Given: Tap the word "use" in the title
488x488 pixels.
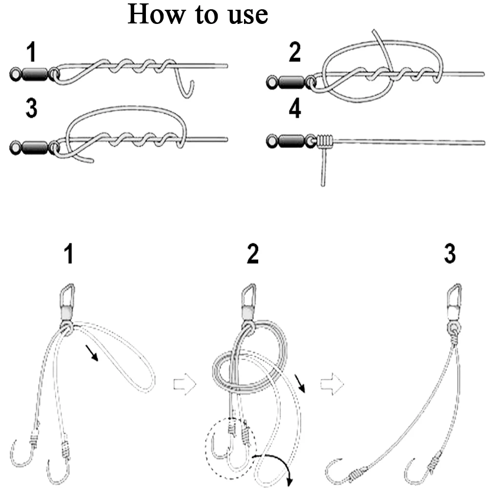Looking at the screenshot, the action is pos(248,16).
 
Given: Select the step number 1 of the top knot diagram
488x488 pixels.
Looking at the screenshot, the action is pos(31,52).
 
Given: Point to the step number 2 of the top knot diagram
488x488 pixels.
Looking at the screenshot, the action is pos(295,52).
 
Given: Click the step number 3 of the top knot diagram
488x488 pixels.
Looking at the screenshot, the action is pos(31,108).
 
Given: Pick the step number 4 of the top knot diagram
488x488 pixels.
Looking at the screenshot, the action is pos(295,109).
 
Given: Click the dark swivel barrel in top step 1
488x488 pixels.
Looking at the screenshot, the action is pos(35,74).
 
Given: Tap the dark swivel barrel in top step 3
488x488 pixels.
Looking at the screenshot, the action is pos(35,146).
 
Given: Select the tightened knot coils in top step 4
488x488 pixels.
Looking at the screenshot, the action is pos(325,141).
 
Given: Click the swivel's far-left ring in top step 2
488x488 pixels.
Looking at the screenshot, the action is pos(272,82).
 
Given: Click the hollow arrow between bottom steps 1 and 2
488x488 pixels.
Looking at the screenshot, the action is pos(185,384).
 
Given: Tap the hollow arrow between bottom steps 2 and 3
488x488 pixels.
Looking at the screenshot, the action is pos(332,384).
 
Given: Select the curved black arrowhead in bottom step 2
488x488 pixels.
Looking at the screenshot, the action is pos(289,481).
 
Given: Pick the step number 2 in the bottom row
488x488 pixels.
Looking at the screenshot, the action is pos(253,254).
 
